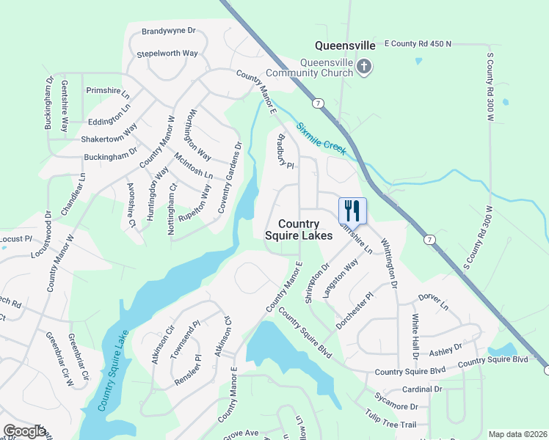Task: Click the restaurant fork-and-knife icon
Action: point(352,211)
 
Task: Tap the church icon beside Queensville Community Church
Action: point(363,67)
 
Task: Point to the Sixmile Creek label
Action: point(321,138)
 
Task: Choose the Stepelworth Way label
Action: point(167,54)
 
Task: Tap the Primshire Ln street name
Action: point(107,90)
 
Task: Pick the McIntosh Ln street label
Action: point(193,166)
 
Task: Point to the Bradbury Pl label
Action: point(285,150)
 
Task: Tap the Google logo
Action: point(23,431)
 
